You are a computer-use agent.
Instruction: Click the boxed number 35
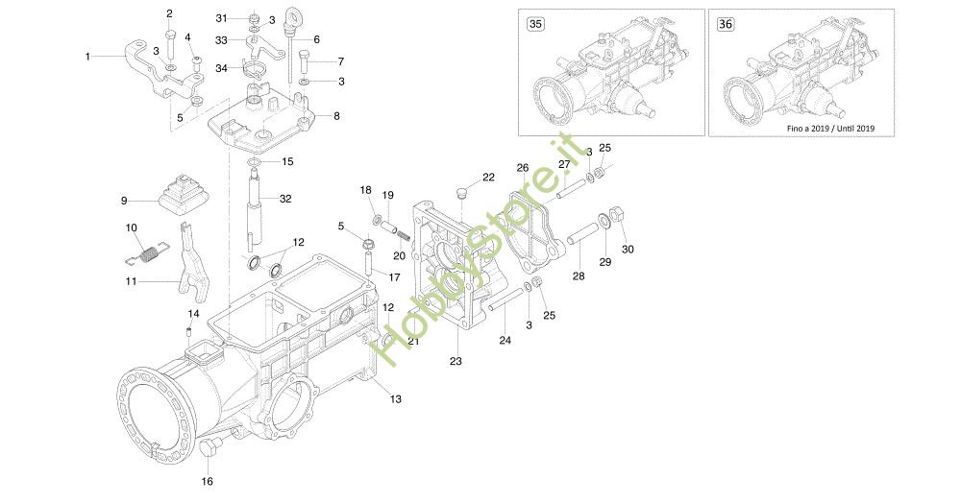coord(533,25)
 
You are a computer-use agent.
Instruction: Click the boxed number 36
coord(725,25)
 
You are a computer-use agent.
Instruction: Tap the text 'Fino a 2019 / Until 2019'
coord(828,128)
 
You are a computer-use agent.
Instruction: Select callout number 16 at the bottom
coord(208,481)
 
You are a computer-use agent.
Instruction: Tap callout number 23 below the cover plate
coord(456,362)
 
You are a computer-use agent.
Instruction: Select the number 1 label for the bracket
coord(87,57)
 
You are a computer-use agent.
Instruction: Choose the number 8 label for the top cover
coord(335,116)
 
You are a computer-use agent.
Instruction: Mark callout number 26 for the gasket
coord(522,167)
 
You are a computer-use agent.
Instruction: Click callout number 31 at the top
coord(221,18)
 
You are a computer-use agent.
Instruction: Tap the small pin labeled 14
coord(189,331)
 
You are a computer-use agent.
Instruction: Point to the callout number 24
coord(504,339)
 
